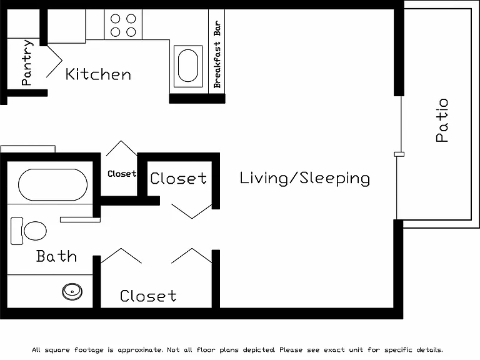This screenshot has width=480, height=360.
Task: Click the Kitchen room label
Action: coord(98,74)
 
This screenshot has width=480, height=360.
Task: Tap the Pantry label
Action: coord(27,62)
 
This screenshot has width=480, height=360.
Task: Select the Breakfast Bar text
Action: coord(217,54)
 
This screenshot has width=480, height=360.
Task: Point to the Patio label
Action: coord(442,120)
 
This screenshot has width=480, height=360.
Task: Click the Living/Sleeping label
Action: coord(304,178)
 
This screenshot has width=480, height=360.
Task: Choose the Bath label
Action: coord(56,256)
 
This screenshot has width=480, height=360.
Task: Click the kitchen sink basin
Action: coord(188,66)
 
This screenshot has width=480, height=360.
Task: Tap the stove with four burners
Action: coord(123,24)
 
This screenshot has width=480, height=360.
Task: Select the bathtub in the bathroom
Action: coord(52,184)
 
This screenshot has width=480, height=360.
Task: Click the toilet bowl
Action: coord(35,231)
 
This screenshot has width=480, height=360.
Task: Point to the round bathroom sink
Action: coord(72,292)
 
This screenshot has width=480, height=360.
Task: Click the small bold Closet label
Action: coord(122,174)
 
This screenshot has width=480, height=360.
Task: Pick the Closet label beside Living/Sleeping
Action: coord(179,178)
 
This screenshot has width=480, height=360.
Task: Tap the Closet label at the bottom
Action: coord(148,296)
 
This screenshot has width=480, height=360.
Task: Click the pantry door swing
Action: coord(54,61)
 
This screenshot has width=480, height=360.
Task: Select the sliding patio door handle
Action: coord(399,154)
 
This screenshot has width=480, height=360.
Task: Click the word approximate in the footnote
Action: coord(141,350)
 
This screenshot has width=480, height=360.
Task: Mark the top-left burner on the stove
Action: coord(115,19)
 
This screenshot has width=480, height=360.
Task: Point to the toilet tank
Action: coord(17,231)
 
